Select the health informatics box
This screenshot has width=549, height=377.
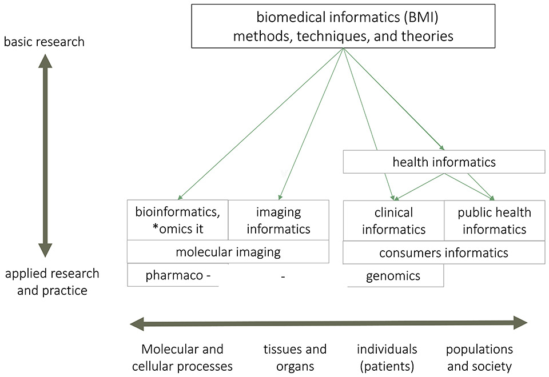444,162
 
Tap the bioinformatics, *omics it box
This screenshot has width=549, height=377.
177,220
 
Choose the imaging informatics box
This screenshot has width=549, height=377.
279,220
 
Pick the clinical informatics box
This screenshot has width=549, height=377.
393,220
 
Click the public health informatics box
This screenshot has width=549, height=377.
494,220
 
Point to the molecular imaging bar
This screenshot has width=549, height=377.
228,252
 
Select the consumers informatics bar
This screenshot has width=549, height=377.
444,252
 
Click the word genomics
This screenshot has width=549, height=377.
393,276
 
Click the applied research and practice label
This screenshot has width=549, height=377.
52,282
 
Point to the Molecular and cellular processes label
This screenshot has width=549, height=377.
182,357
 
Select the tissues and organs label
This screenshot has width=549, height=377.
295,357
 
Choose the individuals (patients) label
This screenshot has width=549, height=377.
387,357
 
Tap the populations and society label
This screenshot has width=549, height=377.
479,357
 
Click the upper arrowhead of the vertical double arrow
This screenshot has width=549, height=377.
45,61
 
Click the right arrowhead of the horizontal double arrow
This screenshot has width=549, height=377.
519,323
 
